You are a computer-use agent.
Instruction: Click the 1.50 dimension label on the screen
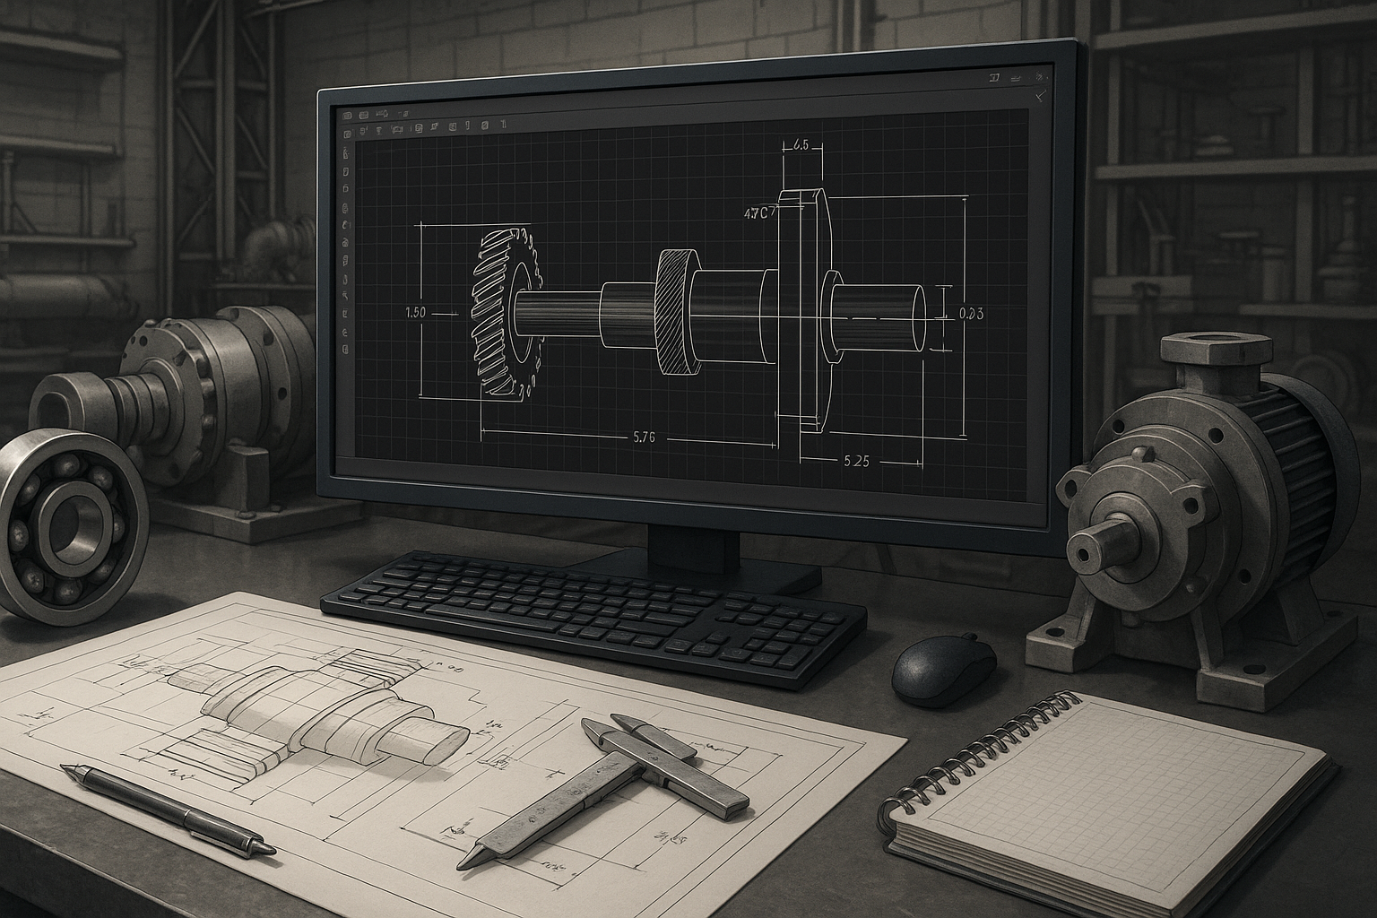coord(415,313)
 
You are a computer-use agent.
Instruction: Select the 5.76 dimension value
coord(644,437)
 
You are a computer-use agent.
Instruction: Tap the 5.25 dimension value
coord(856,462)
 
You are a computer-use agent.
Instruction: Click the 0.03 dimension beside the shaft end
coord(971,314)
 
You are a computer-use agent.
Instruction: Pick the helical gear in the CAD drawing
coord(505,312)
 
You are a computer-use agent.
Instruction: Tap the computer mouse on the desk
coord(943,669)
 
